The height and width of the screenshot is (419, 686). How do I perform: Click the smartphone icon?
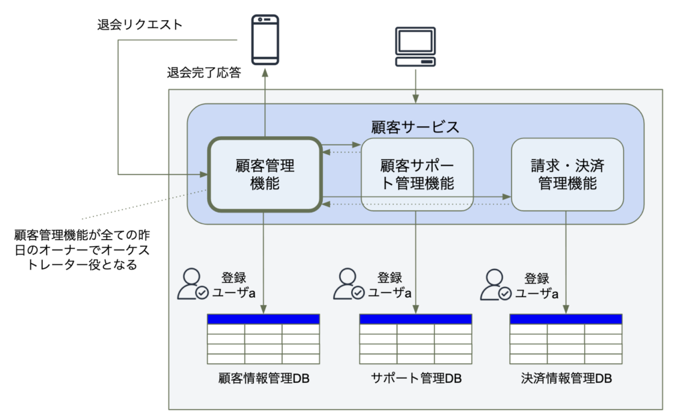pos(265,40)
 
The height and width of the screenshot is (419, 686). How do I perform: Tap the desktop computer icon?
pos(415,47)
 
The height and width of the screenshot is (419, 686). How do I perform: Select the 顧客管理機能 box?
pos(265,174)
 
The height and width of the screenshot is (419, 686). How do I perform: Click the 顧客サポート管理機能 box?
pos(417,174)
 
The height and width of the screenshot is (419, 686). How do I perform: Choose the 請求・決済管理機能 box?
pos(567,174)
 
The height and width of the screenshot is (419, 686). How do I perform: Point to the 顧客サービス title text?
pos(415,127)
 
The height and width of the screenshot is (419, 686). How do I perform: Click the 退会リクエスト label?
pos(139,25)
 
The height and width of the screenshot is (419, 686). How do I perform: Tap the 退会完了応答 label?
pos(204,72)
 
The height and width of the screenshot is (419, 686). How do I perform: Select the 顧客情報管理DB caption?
pos(264,378)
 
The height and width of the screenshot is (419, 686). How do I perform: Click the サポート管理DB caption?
pos(416,378)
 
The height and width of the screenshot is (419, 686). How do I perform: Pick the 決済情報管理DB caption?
pos(566,378)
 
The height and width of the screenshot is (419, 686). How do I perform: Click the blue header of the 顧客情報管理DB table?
pos(263,319)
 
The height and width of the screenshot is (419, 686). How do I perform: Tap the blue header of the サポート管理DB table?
pos(415,319)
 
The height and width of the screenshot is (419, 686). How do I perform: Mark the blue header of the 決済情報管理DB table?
pos(565,319)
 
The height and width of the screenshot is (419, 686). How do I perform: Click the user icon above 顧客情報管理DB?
pos(192,284)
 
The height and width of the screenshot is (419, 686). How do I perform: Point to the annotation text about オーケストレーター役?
pos(82,250)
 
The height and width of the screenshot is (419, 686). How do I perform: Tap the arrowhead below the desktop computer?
pos(415,99)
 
